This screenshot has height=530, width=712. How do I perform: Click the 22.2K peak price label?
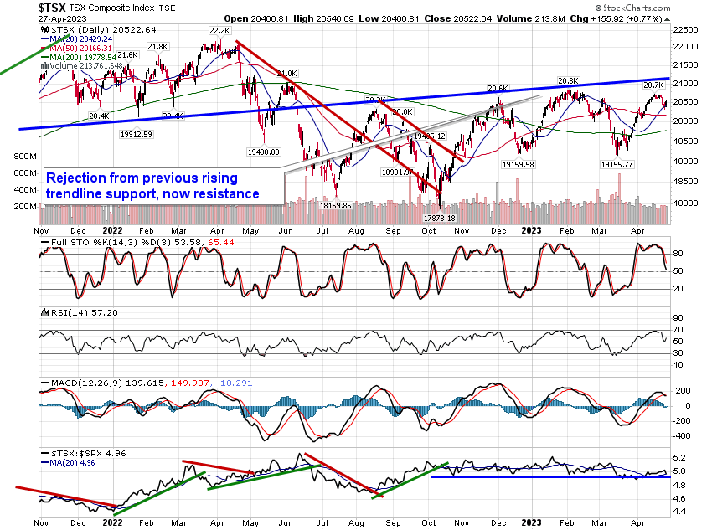click(x=219, y=31)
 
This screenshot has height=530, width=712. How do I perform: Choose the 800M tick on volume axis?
click(x=25, y=157)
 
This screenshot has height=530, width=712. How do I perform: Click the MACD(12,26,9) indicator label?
click(x=80, y=383)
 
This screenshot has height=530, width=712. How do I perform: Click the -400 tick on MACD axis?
click(x=682, y=436)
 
